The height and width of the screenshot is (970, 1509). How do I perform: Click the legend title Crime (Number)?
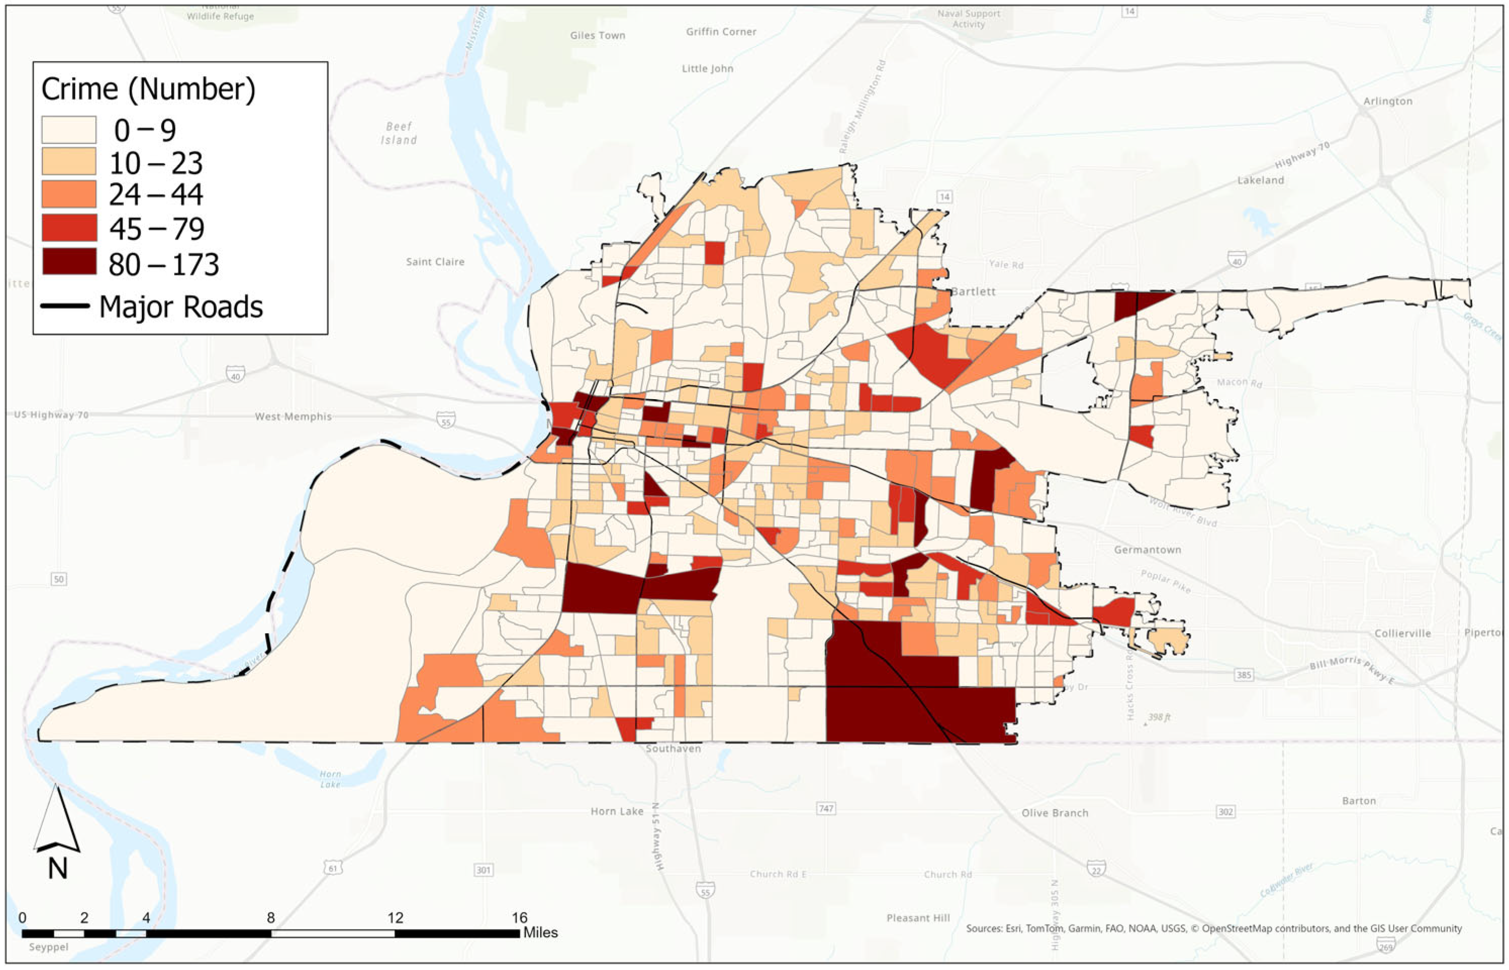148,89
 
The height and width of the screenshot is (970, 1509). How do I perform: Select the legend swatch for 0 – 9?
69,130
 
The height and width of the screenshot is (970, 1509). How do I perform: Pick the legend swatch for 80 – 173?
69,262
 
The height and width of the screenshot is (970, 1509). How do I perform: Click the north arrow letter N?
58,869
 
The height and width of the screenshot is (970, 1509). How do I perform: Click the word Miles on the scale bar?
540,933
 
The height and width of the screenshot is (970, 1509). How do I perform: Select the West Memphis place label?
293,417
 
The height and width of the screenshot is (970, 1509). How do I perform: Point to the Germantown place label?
1147,550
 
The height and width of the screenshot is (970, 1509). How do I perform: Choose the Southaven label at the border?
673,749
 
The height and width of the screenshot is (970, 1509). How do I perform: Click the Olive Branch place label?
1054,813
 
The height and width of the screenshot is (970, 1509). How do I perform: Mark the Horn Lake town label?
616,811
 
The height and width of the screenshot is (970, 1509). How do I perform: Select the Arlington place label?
1387,101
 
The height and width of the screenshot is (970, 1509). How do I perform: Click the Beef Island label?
399,134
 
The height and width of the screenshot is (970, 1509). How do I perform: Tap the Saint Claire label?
435,262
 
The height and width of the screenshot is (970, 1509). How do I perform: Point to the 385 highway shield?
1243,675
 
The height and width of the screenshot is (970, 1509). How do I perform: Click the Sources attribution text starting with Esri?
1213,929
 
